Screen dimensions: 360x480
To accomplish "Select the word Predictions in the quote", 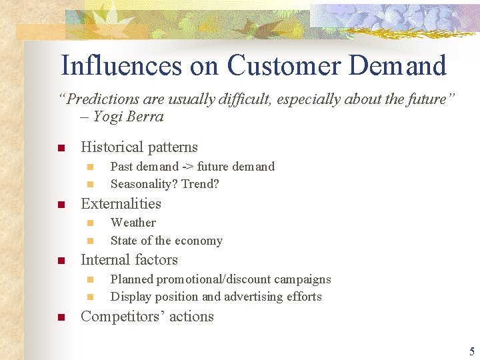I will [101, 99].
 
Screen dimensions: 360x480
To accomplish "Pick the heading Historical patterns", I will [139, 147].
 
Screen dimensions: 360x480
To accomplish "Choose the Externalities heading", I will [121, 204].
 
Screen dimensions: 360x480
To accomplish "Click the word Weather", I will [133, 223].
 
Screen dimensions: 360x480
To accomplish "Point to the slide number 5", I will [471, 351].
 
